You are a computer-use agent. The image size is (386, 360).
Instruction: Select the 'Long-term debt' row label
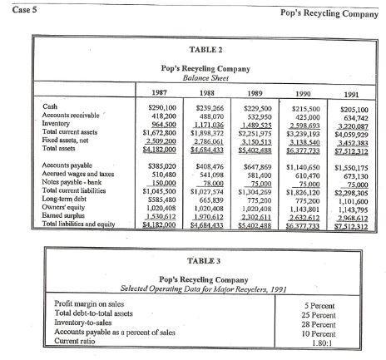(x=67, y=200)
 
